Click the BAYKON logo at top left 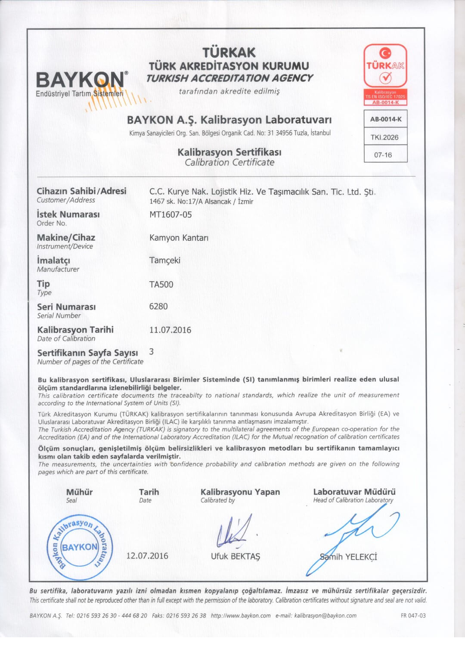tap(82, 82)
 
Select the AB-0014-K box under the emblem tap(386, 119)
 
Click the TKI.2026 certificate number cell tap(385, 137)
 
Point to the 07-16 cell tap(383, 155)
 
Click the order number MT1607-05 tap(170, 214)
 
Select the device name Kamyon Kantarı tap(179, 238)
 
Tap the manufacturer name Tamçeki tap(165, 260)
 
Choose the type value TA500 tap(161, 284)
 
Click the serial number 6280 tap(158, 307)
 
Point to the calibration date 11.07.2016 tap(170, 330)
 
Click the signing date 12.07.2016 tap(147, 556)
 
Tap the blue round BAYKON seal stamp tap(80, 547)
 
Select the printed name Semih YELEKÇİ tap(349, 557)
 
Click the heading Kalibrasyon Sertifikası tap(229, 152)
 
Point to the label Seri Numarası tap(66, 307)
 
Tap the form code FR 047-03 tap(413, 616)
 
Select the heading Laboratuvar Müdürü tap(354, 492)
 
